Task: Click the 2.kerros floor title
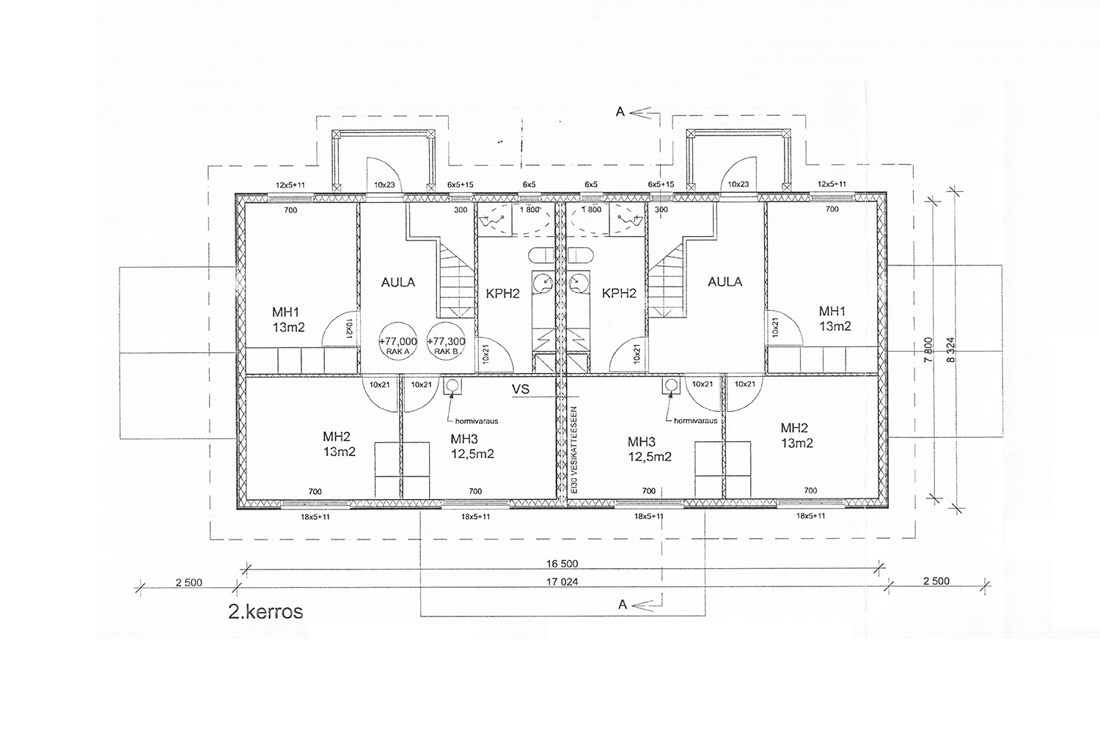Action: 265,612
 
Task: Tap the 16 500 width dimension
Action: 562,564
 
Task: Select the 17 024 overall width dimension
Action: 562,582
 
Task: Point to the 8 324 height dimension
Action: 951,350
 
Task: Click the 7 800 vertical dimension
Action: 928,350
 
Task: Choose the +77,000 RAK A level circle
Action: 397,342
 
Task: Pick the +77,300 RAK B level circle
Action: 445,342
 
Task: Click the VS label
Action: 521,389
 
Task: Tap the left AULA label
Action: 398,282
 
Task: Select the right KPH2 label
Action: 619,294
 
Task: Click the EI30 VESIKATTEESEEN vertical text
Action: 575,450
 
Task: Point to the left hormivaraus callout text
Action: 477,421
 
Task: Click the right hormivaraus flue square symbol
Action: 670,386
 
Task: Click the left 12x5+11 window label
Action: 290,185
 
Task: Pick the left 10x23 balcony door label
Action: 384,185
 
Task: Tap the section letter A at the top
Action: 620,112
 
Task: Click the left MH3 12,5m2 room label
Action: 472,446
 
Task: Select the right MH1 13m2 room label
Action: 835,319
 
